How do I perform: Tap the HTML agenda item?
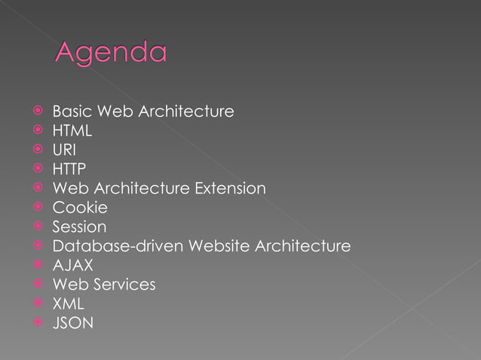click(72, 131)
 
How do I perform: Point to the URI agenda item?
click(63, 150)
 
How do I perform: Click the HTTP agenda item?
click(69, 169)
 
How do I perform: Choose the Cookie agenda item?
click(79, 207)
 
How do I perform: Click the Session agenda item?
click(79, 227)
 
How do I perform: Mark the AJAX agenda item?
click(72, 265)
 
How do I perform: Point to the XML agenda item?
click(68, 304)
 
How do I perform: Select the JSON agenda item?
click(73, 323)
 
